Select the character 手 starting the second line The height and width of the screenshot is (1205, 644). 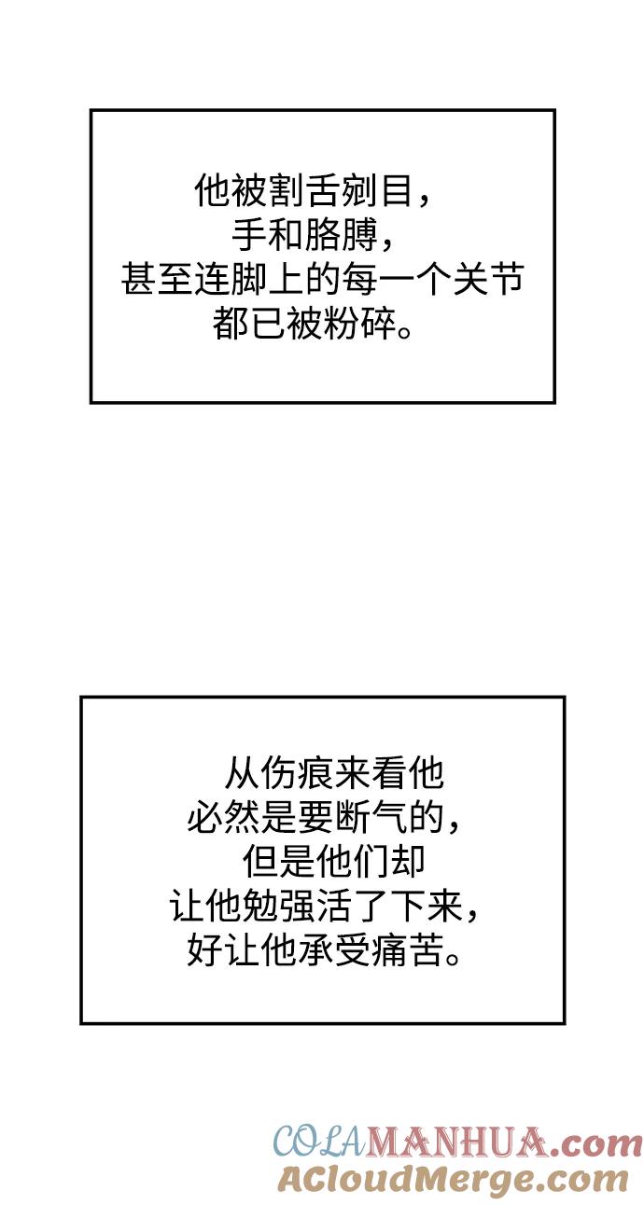point(249,236)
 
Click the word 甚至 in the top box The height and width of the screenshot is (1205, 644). point(157,280)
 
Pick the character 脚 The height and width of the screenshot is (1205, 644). point(249,280)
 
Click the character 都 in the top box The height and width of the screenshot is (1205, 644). point(231,324)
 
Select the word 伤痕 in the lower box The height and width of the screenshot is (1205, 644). point(296,774)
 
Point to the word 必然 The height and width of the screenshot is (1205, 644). point(223,818)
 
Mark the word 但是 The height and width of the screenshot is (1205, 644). point(278,862)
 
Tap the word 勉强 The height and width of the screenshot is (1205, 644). point(278,906)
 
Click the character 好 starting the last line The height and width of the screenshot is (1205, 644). point(204,950)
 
